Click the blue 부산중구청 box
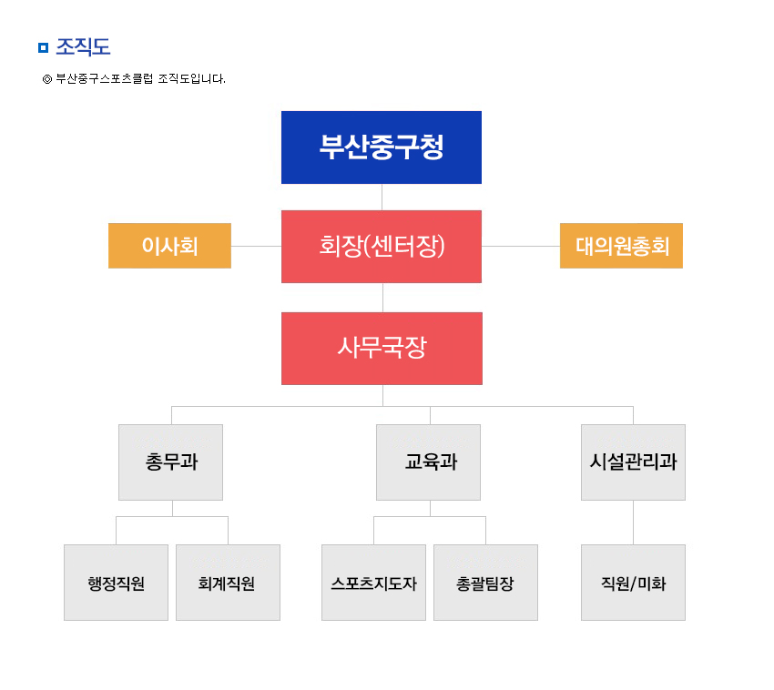click(381, 147)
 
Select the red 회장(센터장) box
click(381, 247)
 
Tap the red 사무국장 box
click(382, 349)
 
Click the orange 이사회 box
click(169, 246)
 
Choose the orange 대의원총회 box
click(621, 246)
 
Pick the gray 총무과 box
click(170, 462)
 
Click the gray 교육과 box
click(428, 462)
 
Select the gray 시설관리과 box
click(633, 462)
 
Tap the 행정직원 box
click(116, 583)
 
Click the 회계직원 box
click(228, 583)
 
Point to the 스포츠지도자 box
click(373, 583)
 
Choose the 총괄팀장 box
click(485, 583)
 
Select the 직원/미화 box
click(633, 583)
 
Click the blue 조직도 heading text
click(83, 47)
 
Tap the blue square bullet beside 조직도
click(44, 48)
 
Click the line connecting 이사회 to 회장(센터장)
click(256, 246)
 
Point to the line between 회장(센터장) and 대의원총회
click(521, 246)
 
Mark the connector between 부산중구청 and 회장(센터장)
click(382, 198)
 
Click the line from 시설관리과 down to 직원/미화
click(634, 523)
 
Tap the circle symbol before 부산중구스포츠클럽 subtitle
click(47, 79)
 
